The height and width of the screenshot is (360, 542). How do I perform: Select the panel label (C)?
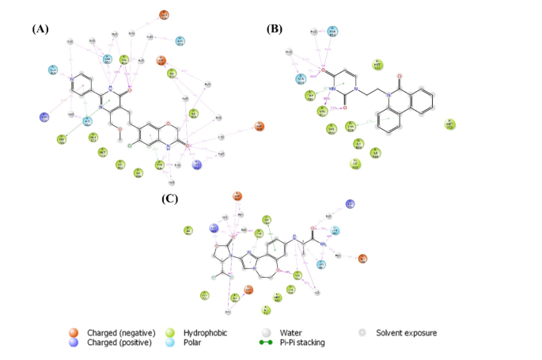169,199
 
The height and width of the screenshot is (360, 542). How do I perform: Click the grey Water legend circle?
266,333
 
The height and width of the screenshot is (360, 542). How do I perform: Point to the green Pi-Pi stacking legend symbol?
266,343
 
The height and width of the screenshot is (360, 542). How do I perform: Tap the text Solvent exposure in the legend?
407,333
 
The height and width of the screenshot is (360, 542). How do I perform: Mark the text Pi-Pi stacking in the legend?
302,343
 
